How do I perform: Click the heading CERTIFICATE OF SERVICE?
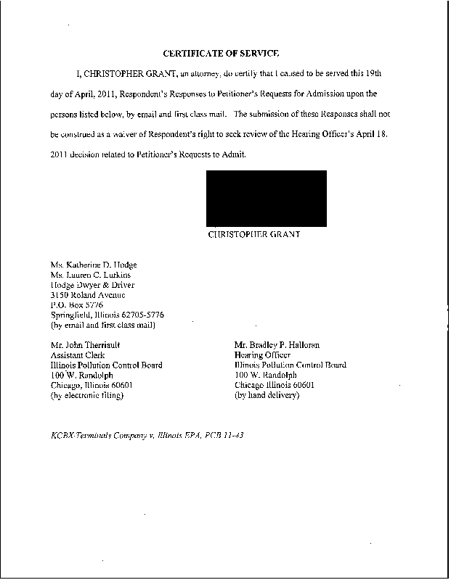coord(221,54)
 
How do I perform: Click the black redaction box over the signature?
coord(267,199)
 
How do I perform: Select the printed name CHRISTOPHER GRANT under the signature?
coord(254,235)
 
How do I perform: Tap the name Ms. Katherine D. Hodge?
coord(94,265)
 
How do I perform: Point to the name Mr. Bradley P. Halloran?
coord(277,345)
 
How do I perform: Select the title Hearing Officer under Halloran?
coord(262,355)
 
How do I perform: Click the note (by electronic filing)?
coord(88,395)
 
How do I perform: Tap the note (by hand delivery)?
coord(267,395)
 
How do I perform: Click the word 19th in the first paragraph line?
coord(384,75)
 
